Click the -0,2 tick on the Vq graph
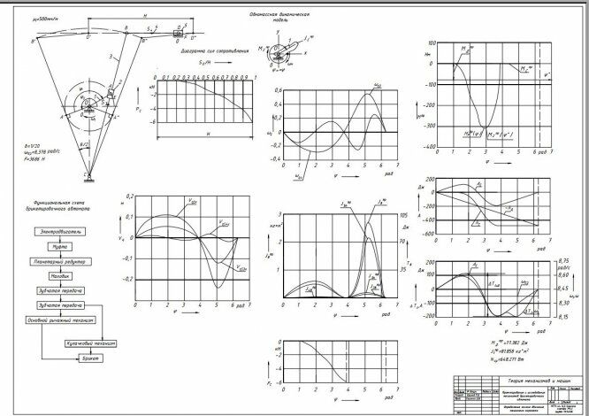[125, 279]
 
